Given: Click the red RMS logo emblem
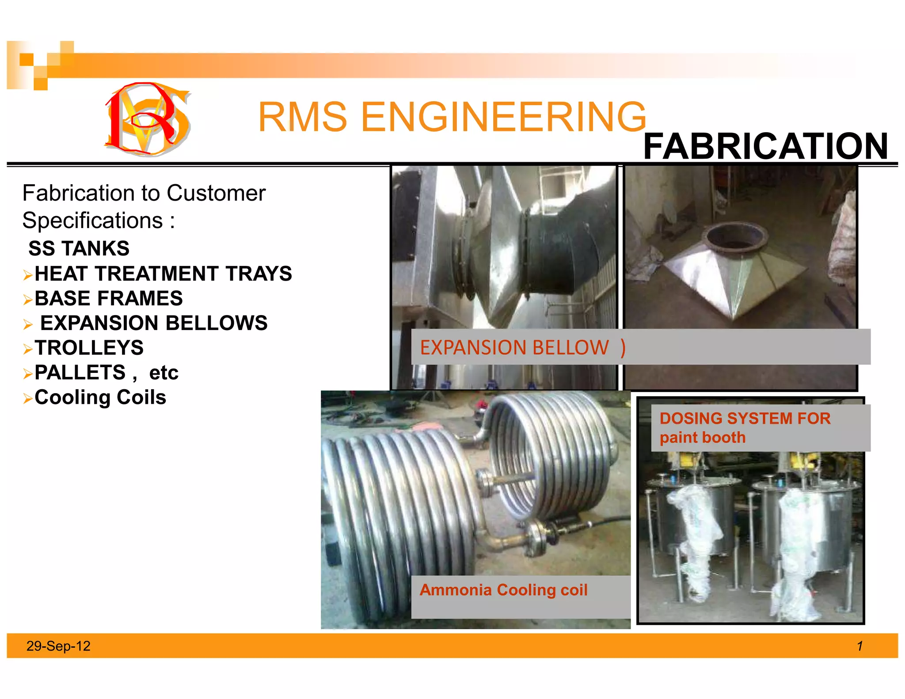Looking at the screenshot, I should (147, 118).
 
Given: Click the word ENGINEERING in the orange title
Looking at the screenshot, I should (503, 117).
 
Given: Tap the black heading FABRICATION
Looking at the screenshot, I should (765, 146).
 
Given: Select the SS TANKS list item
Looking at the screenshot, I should (79, 248).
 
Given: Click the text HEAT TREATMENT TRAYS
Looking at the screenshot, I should (163, 274).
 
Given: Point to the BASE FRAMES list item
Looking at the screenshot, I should (108, 298).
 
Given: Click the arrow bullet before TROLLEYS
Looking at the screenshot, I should (28, 349).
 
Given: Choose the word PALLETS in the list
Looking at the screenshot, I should (80, 372).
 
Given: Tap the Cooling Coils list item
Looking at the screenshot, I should (100, 397).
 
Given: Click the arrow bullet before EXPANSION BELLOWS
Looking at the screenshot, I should (28, 325).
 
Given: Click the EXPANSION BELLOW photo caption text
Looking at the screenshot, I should (514, 348).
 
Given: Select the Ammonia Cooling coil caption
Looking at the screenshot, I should (503, 590).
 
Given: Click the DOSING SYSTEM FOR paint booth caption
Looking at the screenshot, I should (745, 427).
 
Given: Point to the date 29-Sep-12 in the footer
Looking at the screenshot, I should (58, 646).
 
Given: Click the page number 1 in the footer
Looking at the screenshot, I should (859, 646).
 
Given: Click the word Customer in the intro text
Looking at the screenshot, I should (216, 193).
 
